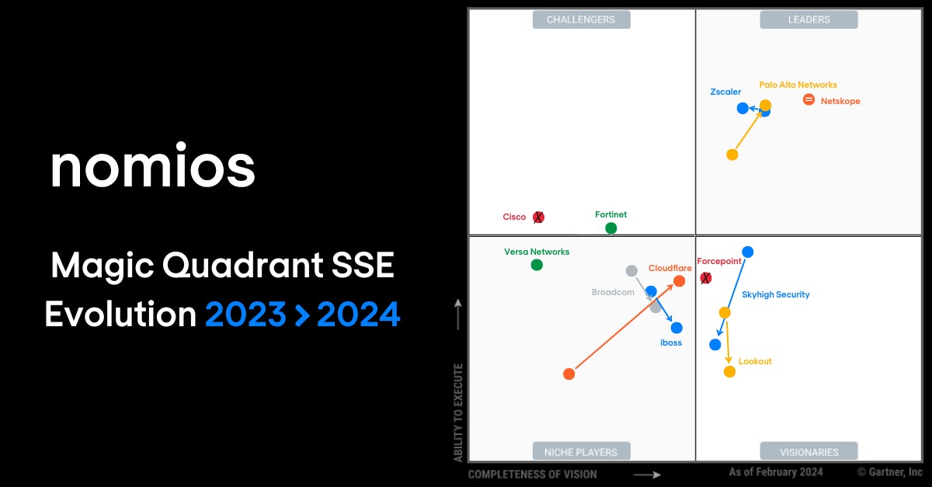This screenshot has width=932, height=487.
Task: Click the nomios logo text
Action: click(x=152, y=166)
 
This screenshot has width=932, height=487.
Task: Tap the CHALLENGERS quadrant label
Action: click(x=581, y=19)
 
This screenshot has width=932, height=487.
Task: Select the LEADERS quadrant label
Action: click(x=809, y=19)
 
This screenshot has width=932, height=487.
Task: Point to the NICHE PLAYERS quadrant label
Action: click(x=581, y=451)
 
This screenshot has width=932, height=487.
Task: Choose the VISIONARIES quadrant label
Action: click(x=809, y=451)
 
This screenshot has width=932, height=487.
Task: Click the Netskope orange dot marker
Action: click(x=809, y=99)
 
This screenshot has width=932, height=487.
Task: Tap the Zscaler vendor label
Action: click(x=725, y=92)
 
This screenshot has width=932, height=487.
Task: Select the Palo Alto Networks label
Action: click(x=798, y=85)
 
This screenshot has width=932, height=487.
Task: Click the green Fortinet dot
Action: click(x=611, y=228)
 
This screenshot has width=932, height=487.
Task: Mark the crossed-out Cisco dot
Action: click(x=538, y=217)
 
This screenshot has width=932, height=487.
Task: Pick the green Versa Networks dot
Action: click(x=537, y=265)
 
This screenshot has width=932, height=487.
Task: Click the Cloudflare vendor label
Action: click(x=669, y=268)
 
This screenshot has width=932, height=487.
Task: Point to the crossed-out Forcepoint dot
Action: click(x=705, y=277)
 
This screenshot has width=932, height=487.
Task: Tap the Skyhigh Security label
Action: click(x=775, y=294)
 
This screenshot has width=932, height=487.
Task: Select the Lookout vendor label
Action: click(x=755, y=361)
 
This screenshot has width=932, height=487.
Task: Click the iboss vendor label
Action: click(x=670, y=343)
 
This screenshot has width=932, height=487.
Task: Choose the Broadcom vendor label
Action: click(x=613, y=293)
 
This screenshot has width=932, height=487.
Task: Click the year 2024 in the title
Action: click(x=358, y=315)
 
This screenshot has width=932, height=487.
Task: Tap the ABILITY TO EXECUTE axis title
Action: click(x=459, y=412)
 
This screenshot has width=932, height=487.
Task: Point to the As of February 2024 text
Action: click(x=776, y=471)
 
